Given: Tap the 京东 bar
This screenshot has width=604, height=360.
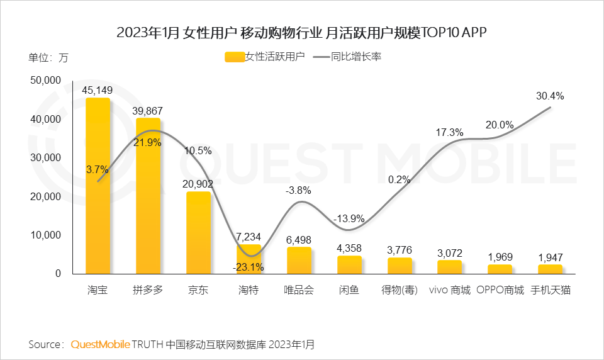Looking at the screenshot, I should coord(198,233).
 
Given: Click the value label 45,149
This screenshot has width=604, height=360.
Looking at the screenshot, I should coord(98,89).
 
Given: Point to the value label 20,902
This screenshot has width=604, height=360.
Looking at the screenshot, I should coord(198,184).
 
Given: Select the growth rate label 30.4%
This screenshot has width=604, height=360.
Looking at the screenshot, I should coord(550,96).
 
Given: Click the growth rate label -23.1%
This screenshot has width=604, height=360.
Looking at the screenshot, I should coord(249,267).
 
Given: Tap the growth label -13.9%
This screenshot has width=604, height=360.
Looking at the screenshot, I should coord(349,218).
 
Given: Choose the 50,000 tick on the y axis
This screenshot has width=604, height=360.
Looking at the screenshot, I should coord(45,81).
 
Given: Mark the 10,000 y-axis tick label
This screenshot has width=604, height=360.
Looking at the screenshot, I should coord(45,235).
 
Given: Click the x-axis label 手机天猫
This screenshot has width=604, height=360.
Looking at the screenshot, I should coord(551,291).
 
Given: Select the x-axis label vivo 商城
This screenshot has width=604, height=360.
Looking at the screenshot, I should coord(449,291).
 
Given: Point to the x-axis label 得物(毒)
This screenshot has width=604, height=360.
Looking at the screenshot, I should coord(400,291).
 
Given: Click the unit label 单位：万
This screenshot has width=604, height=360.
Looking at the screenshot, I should coord(48,57).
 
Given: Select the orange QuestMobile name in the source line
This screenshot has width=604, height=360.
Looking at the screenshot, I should coord(101,344).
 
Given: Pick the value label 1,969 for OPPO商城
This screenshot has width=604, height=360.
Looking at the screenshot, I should coord(500,256).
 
